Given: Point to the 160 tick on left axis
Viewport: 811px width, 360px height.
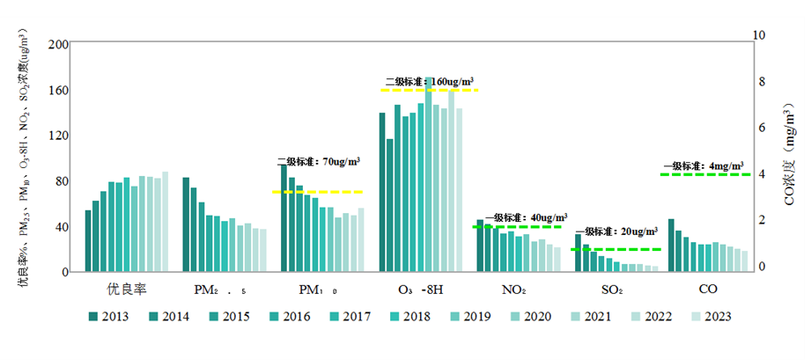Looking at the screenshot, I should tap(58, 91).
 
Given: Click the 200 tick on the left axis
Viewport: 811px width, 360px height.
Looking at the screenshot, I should tap(58, 45).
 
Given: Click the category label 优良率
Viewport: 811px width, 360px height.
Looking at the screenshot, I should tap(126, 289).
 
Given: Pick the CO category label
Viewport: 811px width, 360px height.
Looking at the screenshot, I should tap(708, 289).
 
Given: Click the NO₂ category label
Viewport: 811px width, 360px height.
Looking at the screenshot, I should tap(514, 289).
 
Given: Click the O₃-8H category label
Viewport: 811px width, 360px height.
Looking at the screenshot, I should tap(418, 289).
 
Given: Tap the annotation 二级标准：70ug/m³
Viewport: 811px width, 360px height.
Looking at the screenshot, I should tap(318, 162).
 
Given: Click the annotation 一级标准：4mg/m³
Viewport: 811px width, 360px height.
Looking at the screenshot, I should tap(703, 165).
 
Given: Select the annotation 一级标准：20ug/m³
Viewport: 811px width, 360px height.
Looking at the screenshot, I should tap(616, 232).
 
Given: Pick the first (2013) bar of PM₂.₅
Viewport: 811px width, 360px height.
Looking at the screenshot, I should tap(187, 224).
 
